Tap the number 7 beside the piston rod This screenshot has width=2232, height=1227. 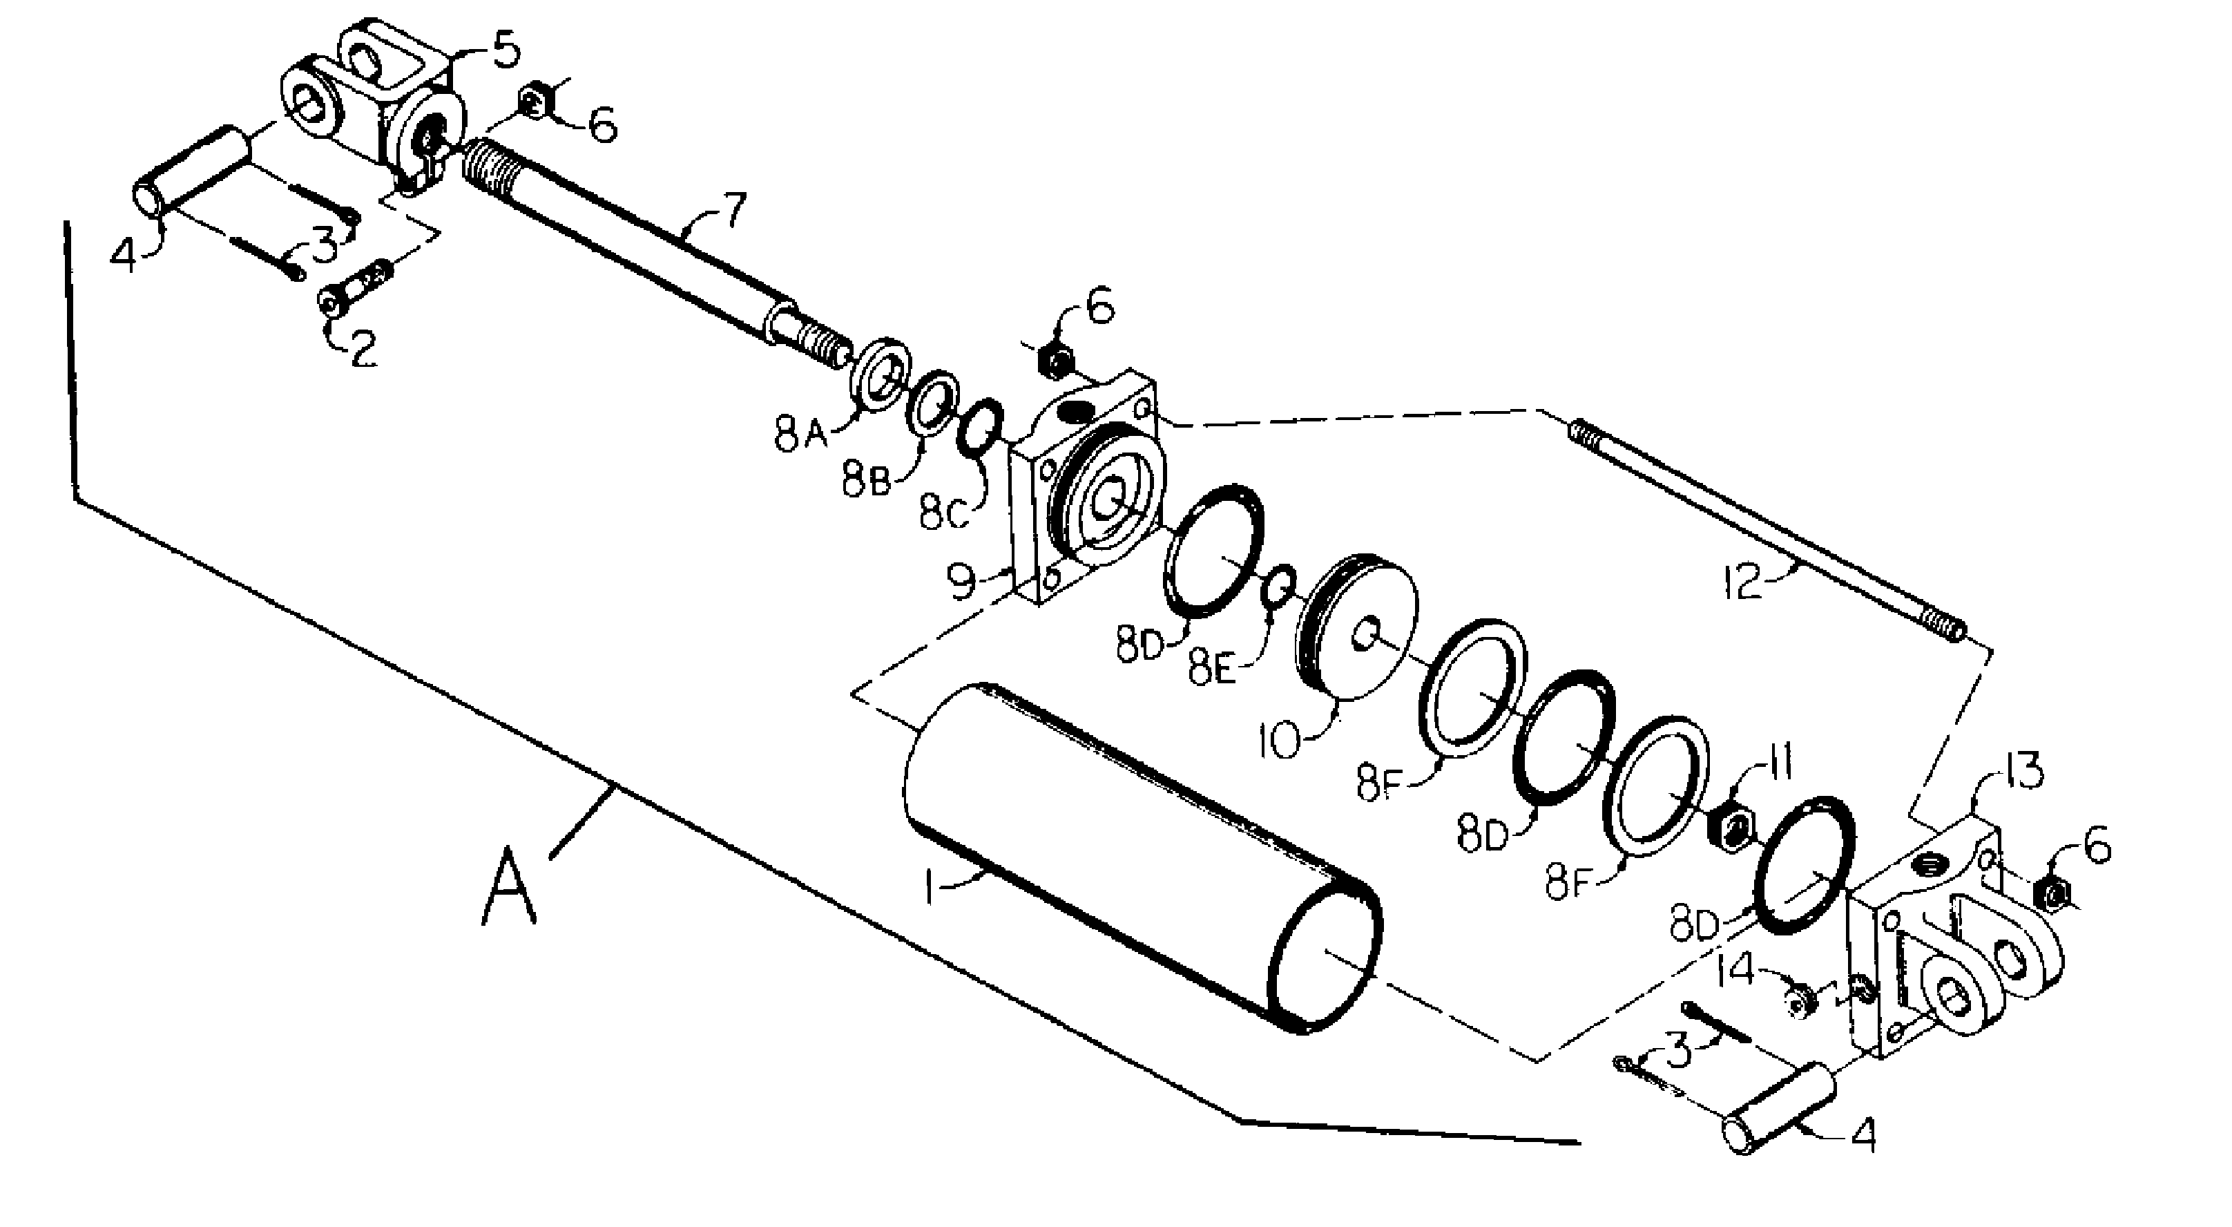click(733, 211)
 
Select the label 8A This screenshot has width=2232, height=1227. click(802, 434)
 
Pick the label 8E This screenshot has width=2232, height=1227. click(1213, 667)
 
